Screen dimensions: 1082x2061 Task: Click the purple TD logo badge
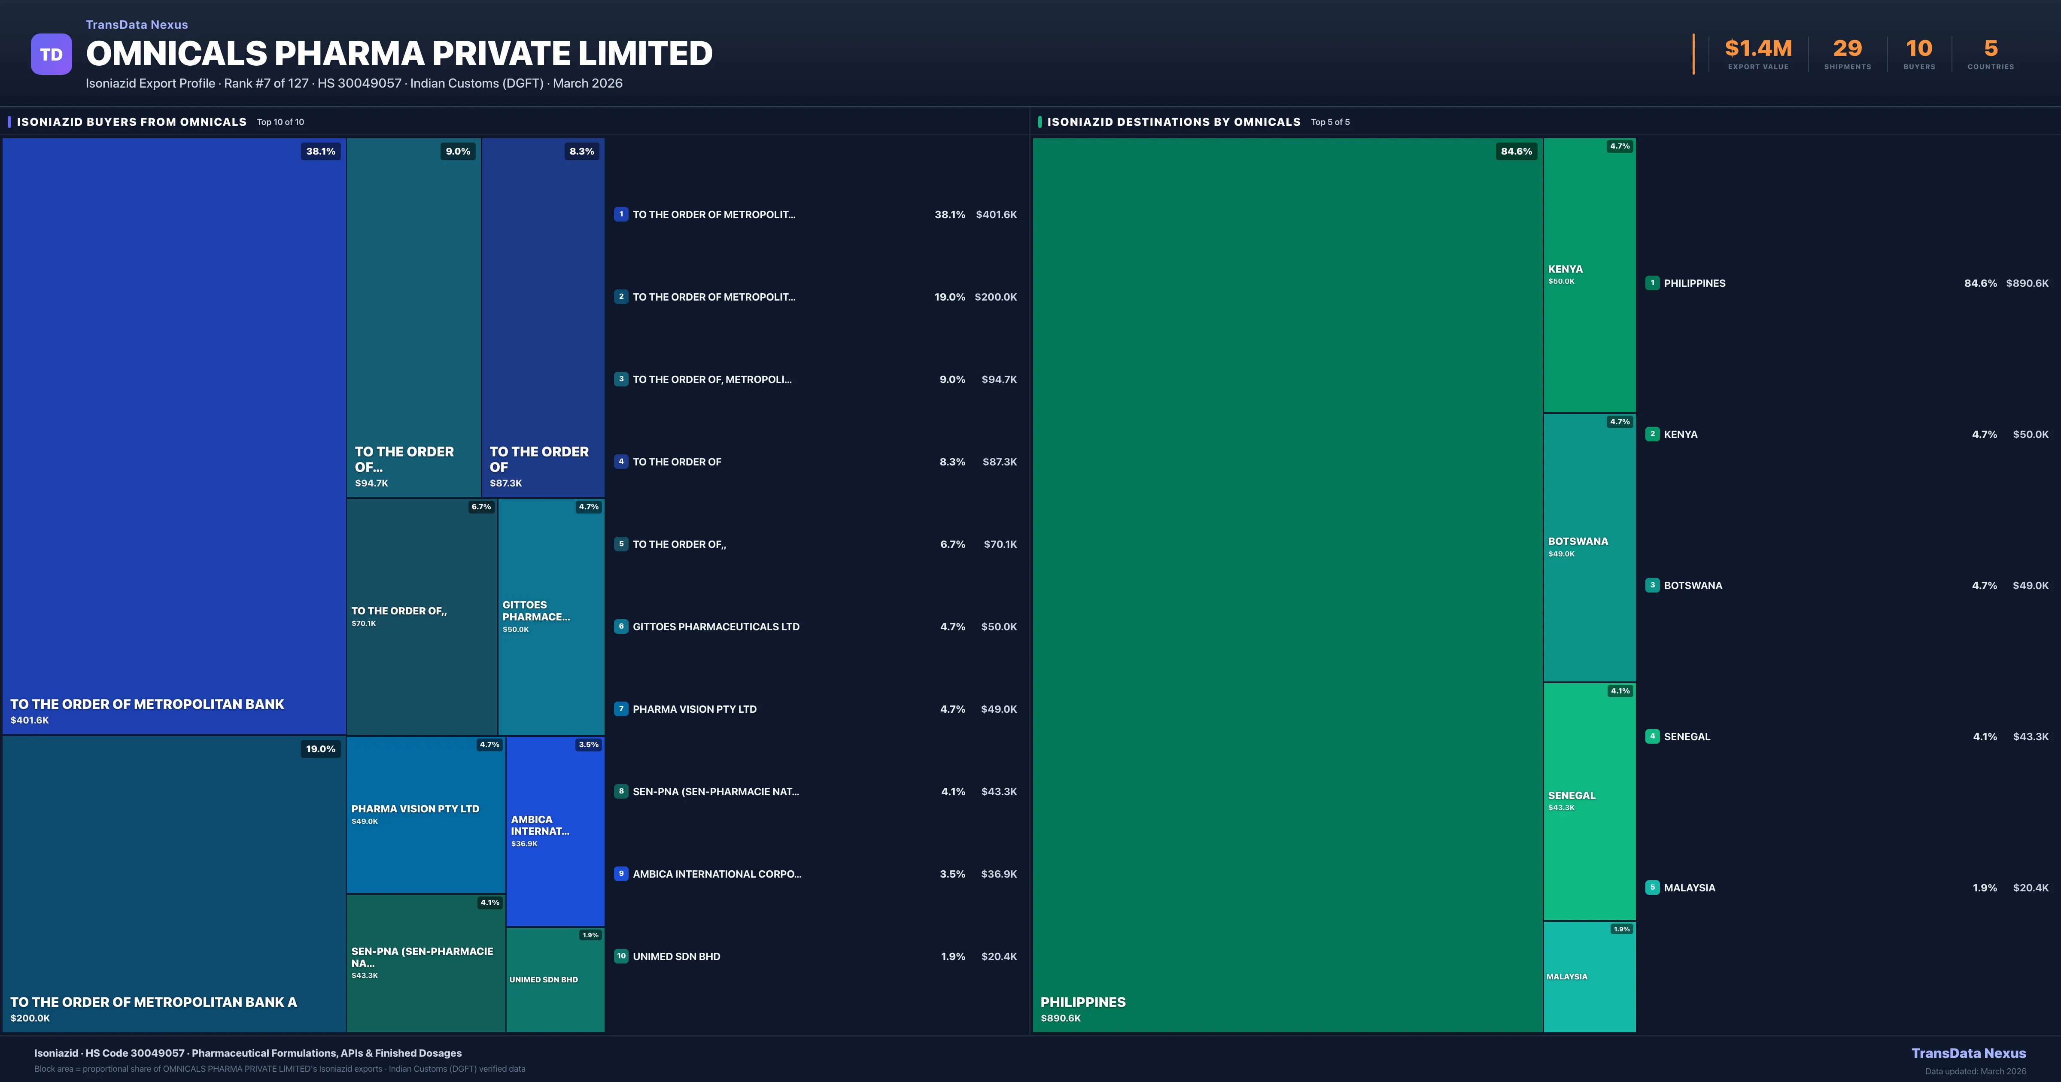click(x=51, y=55)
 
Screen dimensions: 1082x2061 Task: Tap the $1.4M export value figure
click(x=1758, y=49)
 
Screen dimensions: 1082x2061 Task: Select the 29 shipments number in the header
click(x=1847, y=49)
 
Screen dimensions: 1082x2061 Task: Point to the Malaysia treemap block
click(x=1589, y=976)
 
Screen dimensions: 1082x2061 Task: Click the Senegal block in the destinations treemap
click(x=1589, y=800)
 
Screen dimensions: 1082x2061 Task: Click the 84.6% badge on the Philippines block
click(x=1516, y=151)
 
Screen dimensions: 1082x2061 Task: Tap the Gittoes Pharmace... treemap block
click(x=550, y=616)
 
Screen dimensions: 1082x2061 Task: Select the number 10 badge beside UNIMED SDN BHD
click(x=621, y=956)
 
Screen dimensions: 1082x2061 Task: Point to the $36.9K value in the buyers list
click(x=998, y=874)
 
